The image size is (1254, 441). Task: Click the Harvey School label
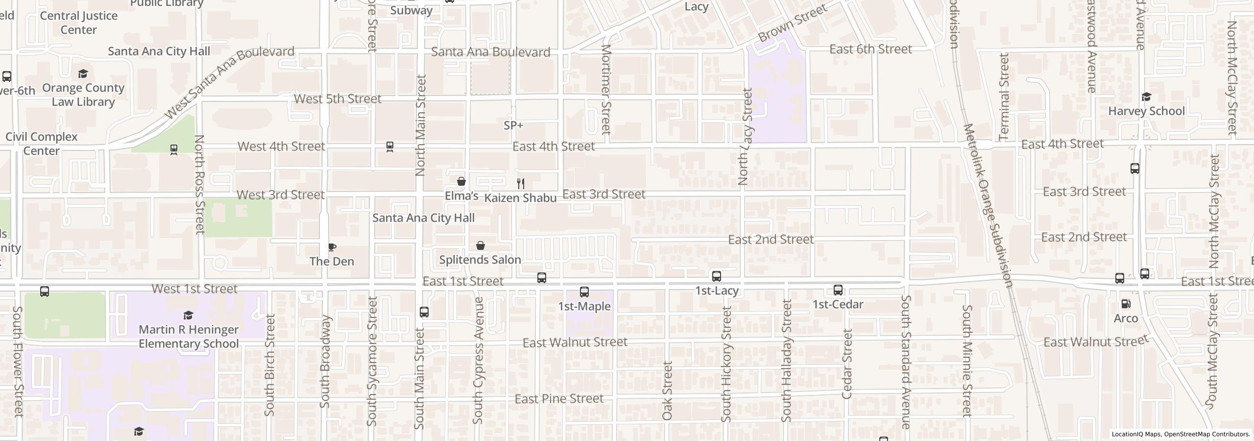click(x=1146, y=111)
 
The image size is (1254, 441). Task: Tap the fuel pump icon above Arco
click(x=1126, y=304)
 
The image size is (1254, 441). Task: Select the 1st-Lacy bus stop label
click(x=717, y=291)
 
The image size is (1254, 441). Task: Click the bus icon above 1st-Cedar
click(x=838, y=290)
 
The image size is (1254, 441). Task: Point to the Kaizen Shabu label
click(x=520, y=198)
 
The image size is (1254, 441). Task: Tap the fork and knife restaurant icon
click(x=521, y=184)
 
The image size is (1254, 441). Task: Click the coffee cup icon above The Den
click(x=332, y=247)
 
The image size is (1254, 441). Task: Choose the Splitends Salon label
click(x=480, y=260)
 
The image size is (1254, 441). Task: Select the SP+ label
click(x=513, y=125)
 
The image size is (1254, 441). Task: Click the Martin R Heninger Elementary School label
click(x=189, y=337)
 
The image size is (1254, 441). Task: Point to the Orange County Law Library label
click(x=83, y=95)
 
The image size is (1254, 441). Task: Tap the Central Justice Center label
click(x=78, y=23)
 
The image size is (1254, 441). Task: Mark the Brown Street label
click(x=792, y=23)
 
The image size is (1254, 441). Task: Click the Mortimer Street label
click(x=606, y=89)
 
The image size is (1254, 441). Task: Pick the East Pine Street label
click(x=559, y=399)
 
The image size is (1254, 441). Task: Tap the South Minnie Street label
click(x=966, y=361)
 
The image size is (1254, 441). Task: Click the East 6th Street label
click(x=870, y=49)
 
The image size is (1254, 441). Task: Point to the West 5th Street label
click(x=338, y=99)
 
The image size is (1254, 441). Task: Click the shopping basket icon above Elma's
click(x=461, y=182)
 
